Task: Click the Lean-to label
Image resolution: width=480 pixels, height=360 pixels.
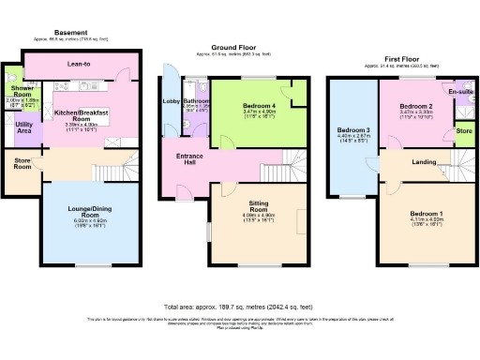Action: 80,65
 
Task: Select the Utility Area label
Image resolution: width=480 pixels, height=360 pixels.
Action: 25,127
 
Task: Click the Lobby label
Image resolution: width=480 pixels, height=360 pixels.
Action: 172,100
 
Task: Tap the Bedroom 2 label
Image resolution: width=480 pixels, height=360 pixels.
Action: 413,107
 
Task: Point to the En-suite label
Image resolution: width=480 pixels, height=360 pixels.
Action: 459,92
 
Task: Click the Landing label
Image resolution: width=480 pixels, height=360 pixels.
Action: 424,162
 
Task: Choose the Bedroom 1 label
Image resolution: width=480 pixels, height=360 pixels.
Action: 427,214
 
